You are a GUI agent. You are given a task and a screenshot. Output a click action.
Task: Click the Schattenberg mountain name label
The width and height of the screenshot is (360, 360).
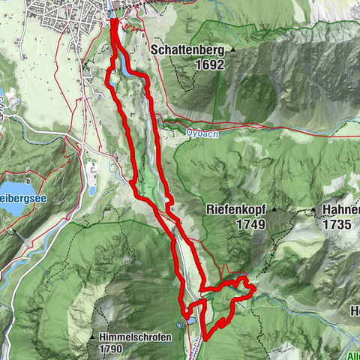190,50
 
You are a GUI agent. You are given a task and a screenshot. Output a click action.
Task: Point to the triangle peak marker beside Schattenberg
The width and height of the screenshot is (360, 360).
233,50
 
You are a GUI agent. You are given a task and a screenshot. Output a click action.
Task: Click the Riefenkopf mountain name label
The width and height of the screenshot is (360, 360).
234,211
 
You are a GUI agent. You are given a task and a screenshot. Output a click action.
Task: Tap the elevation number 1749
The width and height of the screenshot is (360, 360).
232,223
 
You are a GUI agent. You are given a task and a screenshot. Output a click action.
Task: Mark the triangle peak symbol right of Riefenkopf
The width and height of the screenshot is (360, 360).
274,211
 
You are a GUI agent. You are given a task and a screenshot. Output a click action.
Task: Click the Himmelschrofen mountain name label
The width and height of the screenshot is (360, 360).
135,337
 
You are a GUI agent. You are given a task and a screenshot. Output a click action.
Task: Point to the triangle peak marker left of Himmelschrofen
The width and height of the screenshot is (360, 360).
93,337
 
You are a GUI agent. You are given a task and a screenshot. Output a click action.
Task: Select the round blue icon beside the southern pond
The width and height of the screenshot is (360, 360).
179,325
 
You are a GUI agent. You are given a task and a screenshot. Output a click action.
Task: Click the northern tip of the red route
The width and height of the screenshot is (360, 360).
113,20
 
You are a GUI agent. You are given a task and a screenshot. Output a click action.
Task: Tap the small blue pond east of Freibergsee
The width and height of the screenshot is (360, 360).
92,190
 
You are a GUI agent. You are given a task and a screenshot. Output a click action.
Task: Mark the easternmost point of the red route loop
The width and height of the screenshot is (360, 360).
254,287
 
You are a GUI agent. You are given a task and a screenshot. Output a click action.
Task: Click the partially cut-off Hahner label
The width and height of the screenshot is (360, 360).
341,211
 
